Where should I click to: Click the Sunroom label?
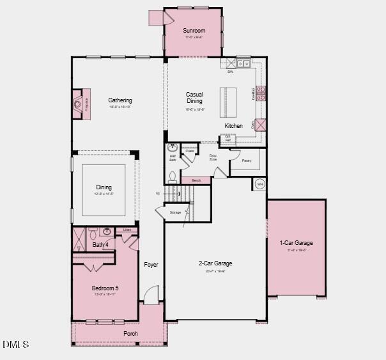(194, 31)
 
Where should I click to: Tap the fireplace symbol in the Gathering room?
(78, 101)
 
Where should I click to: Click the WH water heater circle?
(259, 184)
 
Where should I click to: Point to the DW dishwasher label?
(230, 71)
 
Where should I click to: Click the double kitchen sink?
(243, 63)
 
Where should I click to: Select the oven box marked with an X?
(261, 125)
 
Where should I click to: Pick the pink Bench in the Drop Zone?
(196, 181)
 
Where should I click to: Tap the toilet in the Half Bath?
(172, 176)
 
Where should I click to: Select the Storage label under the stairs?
(175, 212)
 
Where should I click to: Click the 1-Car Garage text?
(296, 243)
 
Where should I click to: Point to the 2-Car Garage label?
(215, 263)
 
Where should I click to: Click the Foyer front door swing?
(150, 295)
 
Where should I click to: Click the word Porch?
(130, 334)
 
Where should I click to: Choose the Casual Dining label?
(194, 98)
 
